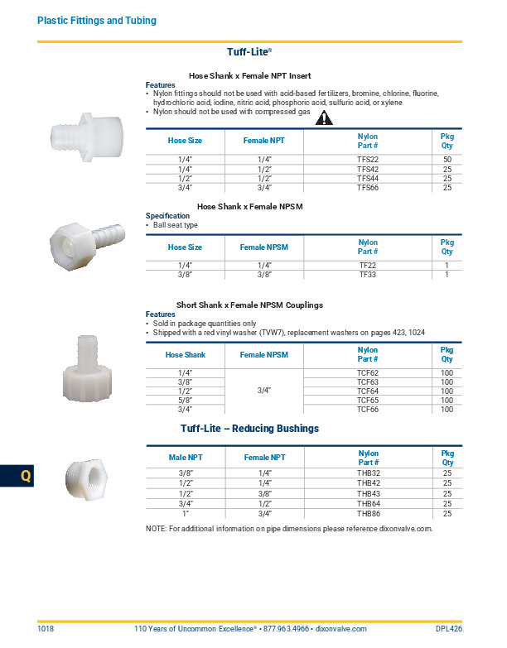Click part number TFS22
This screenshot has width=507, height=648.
click(367, 159)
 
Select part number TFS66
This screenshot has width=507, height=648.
click(367, 188)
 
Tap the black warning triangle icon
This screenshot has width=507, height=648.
click(324, 118)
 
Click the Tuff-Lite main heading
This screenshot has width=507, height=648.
click(249, 51)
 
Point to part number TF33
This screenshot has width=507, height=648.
click(367, 275)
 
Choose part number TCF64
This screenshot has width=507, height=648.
click(367, 391)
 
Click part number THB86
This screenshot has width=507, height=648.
click(367, 514)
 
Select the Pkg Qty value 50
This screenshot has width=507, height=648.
click(447, 159)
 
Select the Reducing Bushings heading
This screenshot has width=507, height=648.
click(249, 429)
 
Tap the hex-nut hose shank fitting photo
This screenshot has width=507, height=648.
click(83, 241)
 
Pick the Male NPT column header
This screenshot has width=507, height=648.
click(185, 457)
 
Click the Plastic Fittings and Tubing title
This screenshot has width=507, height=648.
click(97, 20)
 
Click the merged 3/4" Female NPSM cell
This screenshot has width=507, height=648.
click(264, 391)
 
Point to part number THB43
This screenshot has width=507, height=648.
click(367, 493)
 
